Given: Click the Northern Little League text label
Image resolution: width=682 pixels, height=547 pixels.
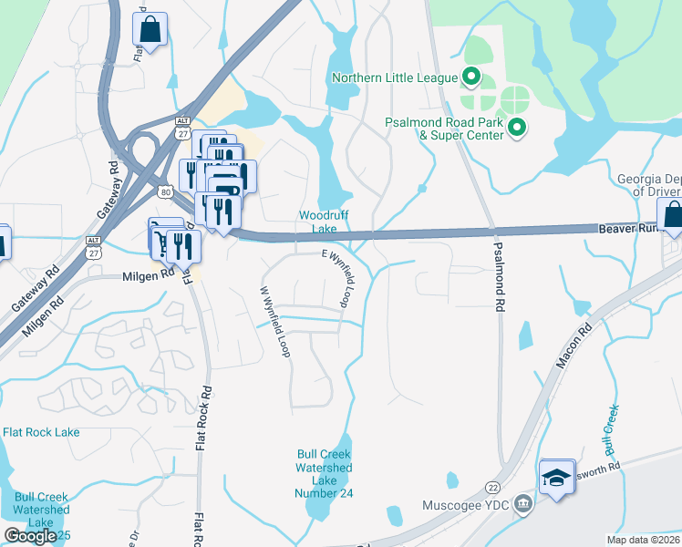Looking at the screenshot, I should pos(395,77).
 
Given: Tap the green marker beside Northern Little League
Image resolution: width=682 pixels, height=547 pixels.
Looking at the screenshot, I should pos(471,77).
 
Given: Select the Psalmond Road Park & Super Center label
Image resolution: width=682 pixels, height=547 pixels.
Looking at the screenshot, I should pos(444,129).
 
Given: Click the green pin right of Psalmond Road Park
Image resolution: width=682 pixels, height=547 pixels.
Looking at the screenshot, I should pos(517,129).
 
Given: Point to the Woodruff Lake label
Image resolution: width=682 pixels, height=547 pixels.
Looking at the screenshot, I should pos(318,222).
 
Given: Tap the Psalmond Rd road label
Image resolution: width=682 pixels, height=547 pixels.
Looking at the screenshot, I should pos(500,277).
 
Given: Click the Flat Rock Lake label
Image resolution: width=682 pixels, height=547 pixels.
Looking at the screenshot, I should pos(41,432).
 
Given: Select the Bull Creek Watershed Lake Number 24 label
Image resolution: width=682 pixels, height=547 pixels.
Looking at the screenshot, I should pos(324,473).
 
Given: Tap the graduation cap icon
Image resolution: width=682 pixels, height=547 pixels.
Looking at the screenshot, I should pos(556,477).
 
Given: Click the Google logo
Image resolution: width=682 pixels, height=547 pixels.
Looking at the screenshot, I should pos(30,536).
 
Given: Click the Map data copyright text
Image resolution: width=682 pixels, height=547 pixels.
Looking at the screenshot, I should pos(643,540).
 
